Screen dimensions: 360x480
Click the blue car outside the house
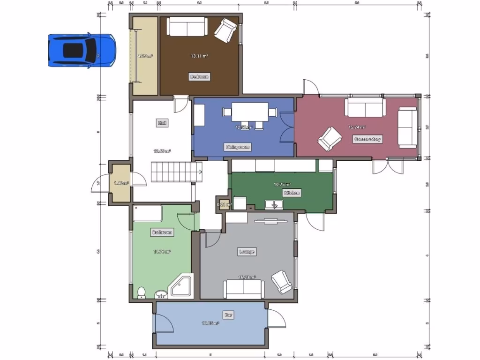click(82, 50)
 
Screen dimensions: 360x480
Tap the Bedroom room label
click(199, 76)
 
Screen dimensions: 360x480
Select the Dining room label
click(238, 147)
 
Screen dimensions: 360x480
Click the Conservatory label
click(367, 139)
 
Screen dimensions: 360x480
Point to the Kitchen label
click(291, 193)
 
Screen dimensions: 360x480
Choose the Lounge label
click(247, 252)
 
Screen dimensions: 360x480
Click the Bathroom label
click(162, 232)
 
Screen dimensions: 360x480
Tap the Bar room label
click(228, 315)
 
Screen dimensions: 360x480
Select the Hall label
click(162, 123)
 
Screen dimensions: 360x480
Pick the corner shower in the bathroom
click(181, 285)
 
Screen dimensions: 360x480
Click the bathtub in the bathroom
click(148, 213)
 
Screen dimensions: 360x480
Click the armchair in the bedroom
click(225, 30)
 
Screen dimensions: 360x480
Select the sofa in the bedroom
click(187, 27)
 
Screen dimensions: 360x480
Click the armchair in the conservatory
click(329, 139)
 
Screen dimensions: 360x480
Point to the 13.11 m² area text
click(199, 56)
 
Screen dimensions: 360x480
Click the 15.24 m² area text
click(357, 127)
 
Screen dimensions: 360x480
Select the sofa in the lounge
click(243, 289)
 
